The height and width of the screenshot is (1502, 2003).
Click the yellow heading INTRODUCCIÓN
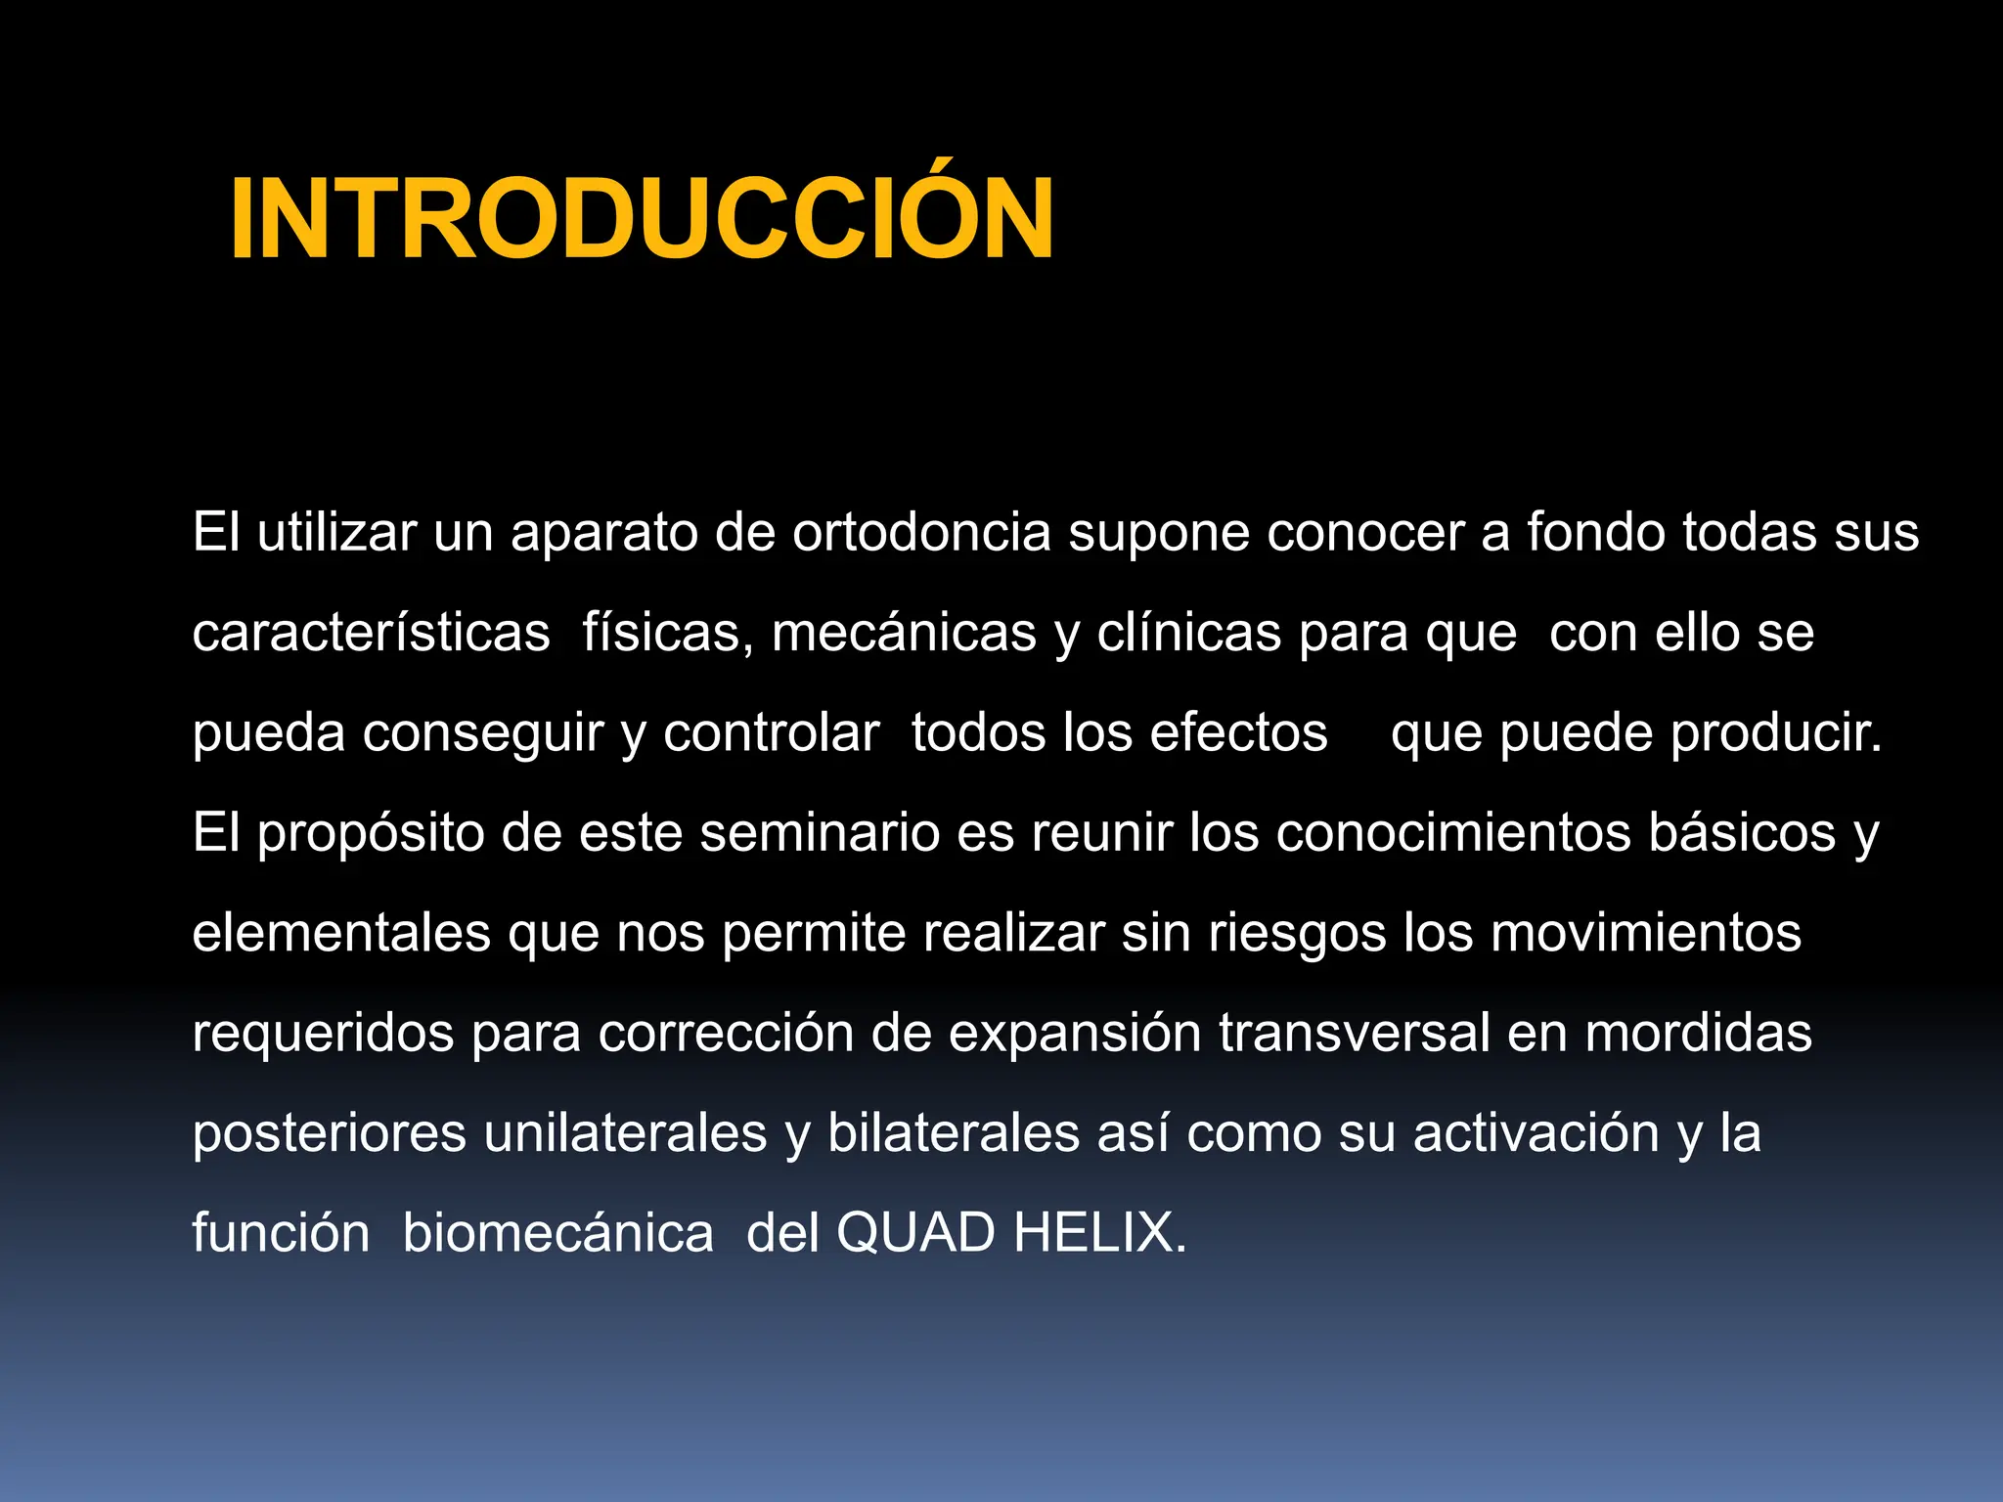click(x=642, y=219)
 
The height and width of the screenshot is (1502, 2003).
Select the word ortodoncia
click(x=921, y=533)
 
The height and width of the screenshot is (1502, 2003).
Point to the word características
click(x=372, y=633)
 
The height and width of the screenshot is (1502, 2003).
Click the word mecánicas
click(x=904, y=633)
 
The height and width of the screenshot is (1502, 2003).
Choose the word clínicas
click(x=1188, y=633)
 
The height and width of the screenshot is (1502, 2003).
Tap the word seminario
click(x=820, y=833)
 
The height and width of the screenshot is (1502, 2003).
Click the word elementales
click(x=341, y=933)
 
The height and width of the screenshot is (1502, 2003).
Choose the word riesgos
click(x=1297, y=935)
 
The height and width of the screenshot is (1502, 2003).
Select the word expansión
click(x=1075, y=1035)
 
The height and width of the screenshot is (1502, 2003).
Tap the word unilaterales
click(x=626, y=1133)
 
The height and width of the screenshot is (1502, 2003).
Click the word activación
click(x=1536, y=1133)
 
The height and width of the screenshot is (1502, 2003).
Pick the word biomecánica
click(x=558, y=1233)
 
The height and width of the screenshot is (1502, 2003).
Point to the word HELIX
click(x=1099, y=1233)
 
